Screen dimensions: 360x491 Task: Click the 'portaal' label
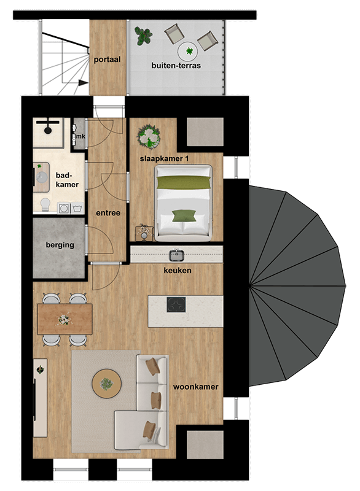(107, 60)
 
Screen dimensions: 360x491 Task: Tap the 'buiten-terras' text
(176, 66)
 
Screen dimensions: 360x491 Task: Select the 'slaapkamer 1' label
(164, 159)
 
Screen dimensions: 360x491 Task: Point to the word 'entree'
(108, 213)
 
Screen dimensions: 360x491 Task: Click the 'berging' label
(60, 245)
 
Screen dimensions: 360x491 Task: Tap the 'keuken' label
(178, 270)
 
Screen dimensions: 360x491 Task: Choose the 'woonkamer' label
(195, 387)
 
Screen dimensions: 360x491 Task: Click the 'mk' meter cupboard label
(80, 136)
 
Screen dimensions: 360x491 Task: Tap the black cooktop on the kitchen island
(176, 304)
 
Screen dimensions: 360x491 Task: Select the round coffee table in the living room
(106, 384)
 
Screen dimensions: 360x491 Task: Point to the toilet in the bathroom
(45, 204)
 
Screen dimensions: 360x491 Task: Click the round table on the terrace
(187, 52)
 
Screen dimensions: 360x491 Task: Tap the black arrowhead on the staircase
(83, 83)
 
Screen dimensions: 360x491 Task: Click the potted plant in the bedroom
(149, 136)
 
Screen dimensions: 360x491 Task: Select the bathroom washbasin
(41, 177)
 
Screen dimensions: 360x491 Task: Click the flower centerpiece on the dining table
(64, 319)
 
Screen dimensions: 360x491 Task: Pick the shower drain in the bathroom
(48, 130)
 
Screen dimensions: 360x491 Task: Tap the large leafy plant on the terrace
(143, 36)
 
